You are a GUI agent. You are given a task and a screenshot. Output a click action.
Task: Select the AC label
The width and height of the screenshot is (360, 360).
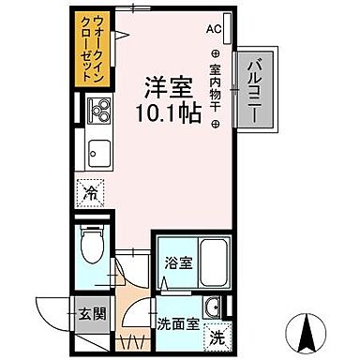(214, 29)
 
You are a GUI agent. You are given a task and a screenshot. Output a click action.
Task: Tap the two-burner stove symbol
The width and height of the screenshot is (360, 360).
(97, 118)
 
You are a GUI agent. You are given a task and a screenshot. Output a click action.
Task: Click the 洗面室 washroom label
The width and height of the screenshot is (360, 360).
(176, 323)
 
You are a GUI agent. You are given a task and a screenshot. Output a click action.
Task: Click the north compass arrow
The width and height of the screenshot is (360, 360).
(307, 330)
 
